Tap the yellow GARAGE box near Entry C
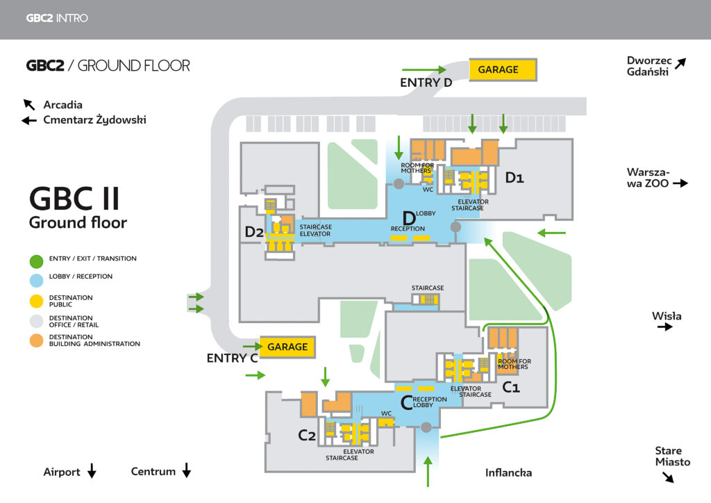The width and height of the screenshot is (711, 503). tap(287, 347)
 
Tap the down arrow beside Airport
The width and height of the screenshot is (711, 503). tap(92, 472)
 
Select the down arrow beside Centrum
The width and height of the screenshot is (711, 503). tap(186, 472)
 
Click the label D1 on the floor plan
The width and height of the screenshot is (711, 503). tap(515, 178)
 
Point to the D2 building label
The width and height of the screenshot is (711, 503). tap(253, 231)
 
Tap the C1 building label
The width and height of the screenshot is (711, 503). tap(510, 387)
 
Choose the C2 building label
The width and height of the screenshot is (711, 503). tap(307, 435)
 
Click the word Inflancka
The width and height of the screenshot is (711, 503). tap(508, 473)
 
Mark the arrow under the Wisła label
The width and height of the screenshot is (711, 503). tap(665, 327)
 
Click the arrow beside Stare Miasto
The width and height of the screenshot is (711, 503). tap(667, 477)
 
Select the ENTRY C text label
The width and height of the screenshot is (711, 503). tap(232, 358)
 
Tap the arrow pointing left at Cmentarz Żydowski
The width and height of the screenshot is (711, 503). tap(29, 120)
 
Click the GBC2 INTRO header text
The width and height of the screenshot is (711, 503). tap(57, 18)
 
